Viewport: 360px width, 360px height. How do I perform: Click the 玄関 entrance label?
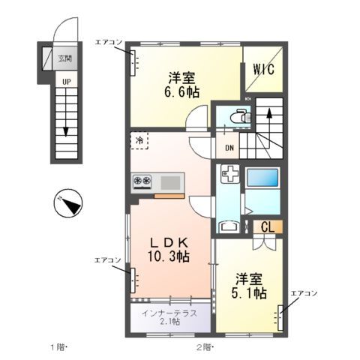(65, 58)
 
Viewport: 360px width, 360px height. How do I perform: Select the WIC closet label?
(262, 68)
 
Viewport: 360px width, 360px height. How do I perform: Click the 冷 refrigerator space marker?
(139, 140)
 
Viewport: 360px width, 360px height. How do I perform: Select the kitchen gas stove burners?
(142, 181)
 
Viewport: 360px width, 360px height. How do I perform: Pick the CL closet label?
(268, 226)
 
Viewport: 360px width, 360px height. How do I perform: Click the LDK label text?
(171, 241)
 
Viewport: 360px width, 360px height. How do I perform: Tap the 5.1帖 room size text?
(248, 293)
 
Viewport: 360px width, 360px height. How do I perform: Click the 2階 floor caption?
(205, 346)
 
